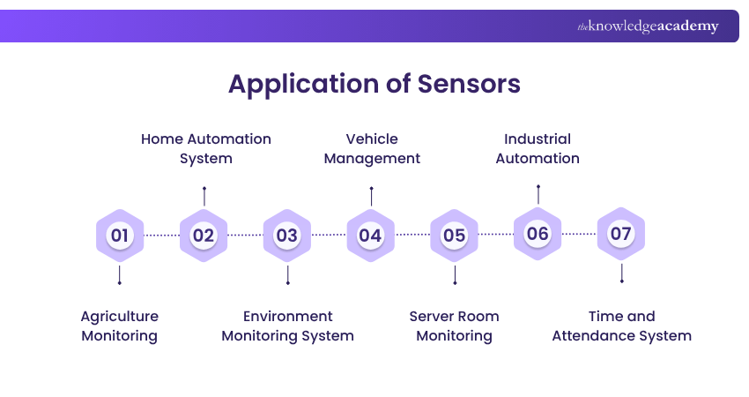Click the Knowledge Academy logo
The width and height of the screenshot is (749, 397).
point(648,26)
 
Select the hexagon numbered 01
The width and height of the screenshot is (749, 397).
point(119,236)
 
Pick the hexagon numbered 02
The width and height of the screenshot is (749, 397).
point(204,236)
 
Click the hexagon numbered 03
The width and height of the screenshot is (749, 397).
point(287,236)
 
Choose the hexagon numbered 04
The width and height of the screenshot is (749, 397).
point(370,236)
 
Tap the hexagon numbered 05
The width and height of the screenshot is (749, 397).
point(454,236)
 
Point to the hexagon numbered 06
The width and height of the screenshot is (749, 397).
point(538,234)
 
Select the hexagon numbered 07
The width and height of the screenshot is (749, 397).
point(621,234)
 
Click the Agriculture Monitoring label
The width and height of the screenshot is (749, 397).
point(119,326)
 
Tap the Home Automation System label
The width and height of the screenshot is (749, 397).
point(206,149)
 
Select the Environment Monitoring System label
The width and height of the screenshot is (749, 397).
point(287,326)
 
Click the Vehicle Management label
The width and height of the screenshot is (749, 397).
point(372,149)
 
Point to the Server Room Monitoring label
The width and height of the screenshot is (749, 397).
point(454,326)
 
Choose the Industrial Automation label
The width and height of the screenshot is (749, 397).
point(538,149)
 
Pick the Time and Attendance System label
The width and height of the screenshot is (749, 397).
point(621,326)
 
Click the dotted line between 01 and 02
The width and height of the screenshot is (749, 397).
point(161,236)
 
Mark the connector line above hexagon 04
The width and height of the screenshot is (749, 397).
point(371,196)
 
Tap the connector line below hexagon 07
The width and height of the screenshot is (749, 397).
point(621,272)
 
